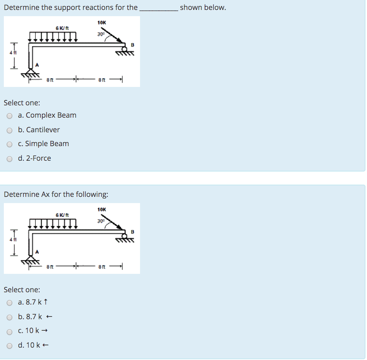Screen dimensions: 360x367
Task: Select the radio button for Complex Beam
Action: pos(10,116)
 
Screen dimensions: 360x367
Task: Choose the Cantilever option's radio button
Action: pos(10,130)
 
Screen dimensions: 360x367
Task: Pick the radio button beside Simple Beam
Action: pos(10,144)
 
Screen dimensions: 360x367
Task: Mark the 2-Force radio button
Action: pos(10,159)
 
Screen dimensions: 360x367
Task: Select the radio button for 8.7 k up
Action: pos(10,303)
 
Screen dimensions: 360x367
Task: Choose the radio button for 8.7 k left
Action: pos(10,317)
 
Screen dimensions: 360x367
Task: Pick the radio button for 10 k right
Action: pos(10,331)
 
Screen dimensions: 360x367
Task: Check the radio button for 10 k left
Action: pos(10,346)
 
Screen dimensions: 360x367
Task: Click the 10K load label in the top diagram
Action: pos(102,23)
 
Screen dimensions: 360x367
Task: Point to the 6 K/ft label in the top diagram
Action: pos(62,28)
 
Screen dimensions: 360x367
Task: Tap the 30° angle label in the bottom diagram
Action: pos(101,221)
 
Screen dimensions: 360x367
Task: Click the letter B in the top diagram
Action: pos(133,45)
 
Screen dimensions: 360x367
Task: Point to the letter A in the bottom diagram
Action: pos(37,252)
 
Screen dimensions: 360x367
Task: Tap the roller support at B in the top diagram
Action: pos(124,49)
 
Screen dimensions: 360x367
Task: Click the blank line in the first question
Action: pos(158,8)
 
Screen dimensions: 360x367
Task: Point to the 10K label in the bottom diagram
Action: pos(102,210)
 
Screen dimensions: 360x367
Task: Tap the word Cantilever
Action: pos(43,130)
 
